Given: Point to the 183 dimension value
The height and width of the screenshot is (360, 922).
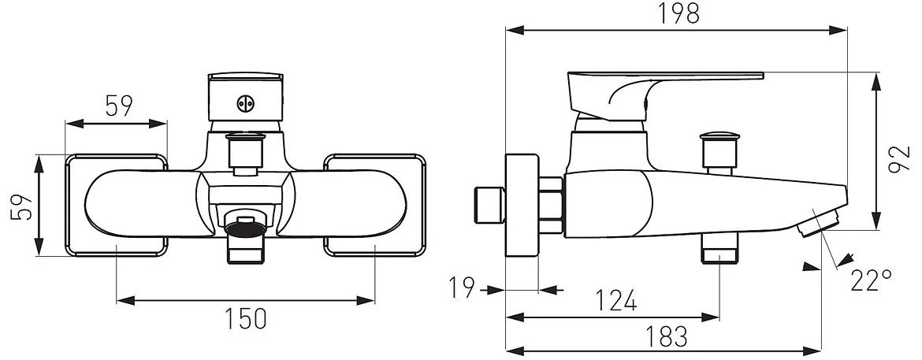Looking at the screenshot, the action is coord(666,336).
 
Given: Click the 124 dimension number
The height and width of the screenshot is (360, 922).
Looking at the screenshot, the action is coord(616,301).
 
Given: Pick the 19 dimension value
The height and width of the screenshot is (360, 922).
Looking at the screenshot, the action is coord(462,288).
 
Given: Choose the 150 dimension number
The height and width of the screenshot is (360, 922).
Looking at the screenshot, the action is coord(247,318).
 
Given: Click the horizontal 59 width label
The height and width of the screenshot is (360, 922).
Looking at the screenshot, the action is coord(119,106).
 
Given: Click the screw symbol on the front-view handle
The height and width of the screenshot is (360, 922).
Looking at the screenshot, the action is coord(246,104).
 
